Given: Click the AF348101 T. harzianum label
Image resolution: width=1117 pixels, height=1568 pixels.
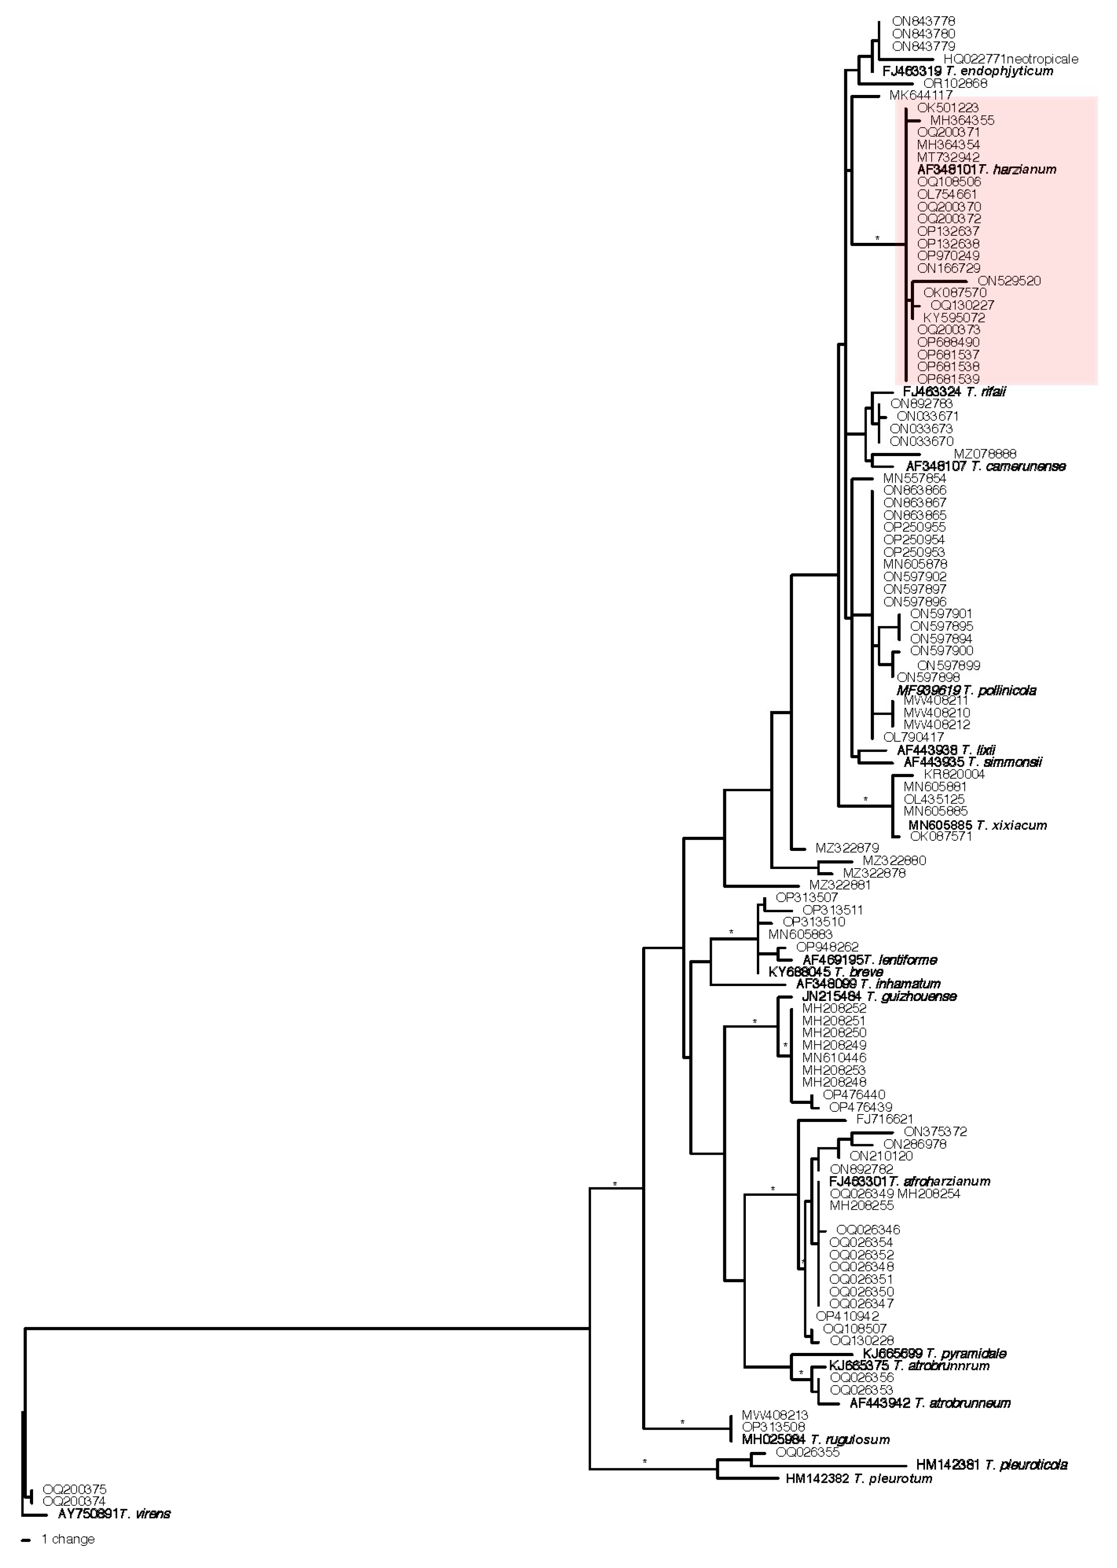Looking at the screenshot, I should click(986, 169).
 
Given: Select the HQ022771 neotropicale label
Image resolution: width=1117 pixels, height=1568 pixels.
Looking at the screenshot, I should click(1010, 59).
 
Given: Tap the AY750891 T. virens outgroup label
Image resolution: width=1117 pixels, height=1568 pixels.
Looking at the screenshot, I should click(114, 1514).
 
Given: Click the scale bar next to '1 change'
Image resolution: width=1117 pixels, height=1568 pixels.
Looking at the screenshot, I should click(26, 1540).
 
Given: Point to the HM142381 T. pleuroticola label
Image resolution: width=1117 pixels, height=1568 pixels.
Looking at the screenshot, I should click(991, 1465).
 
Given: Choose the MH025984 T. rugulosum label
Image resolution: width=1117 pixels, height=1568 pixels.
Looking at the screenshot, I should click(815, 1440).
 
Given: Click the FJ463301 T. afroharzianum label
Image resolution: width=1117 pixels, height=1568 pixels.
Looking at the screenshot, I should click(909, 1181).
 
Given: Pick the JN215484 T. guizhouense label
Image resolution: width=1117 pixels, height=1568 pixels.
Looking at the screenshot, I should click(878, 996).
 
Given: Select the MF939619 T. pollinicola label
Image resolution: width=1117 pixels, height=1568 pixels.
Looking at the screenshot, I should click(966, 690).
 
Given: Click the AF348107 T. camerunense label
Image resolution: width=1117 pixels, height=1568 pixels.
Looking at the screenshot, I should click(985, 466).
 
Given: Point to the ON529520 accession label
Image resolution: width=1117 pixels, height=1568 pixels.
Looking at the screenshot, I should click(1009, 281).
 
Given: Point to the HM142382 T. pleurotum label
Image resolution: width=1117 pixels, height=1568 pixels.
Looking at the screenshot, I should click(858, 1478).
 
